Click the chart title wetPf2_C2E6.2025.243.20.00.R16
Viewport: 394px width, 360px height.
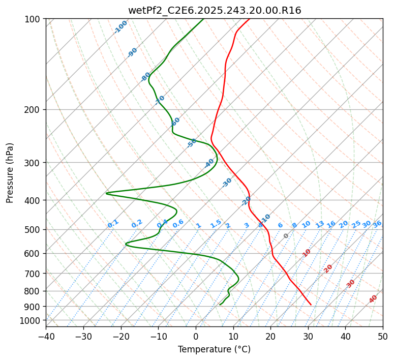(215, 11)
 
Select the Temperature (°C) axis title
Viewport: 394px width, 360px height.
(215, 349)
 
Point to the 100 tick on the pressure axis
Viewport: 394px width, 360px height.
(33, 19)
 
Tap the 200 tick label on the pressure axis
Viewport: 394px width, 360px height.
(33, 110)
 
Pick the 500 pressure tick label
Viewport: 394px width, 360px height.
(33, 230)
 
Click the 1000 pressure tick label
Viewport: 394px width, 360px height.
(31, 321)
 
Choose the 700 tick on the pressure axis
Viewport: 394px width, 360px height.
(33, 274)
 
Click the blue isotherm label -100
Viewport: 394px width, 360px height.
(121, 27)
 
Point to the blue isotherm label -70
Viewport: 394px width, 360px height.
(160, 100)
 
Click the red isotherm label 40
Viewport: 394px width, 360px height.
(373, 299)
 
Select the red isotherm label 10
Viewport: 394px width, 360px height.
(307, 253)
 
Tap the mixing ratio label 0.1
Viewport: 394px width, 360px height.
(113, 223)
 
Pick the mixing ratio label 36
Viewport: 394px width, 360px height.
(377, 224)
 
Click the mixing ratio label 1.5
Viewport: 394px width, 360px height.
(216, 224)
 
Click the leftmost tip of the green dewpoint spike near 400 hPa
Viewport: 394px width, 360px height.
(106, 193)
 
